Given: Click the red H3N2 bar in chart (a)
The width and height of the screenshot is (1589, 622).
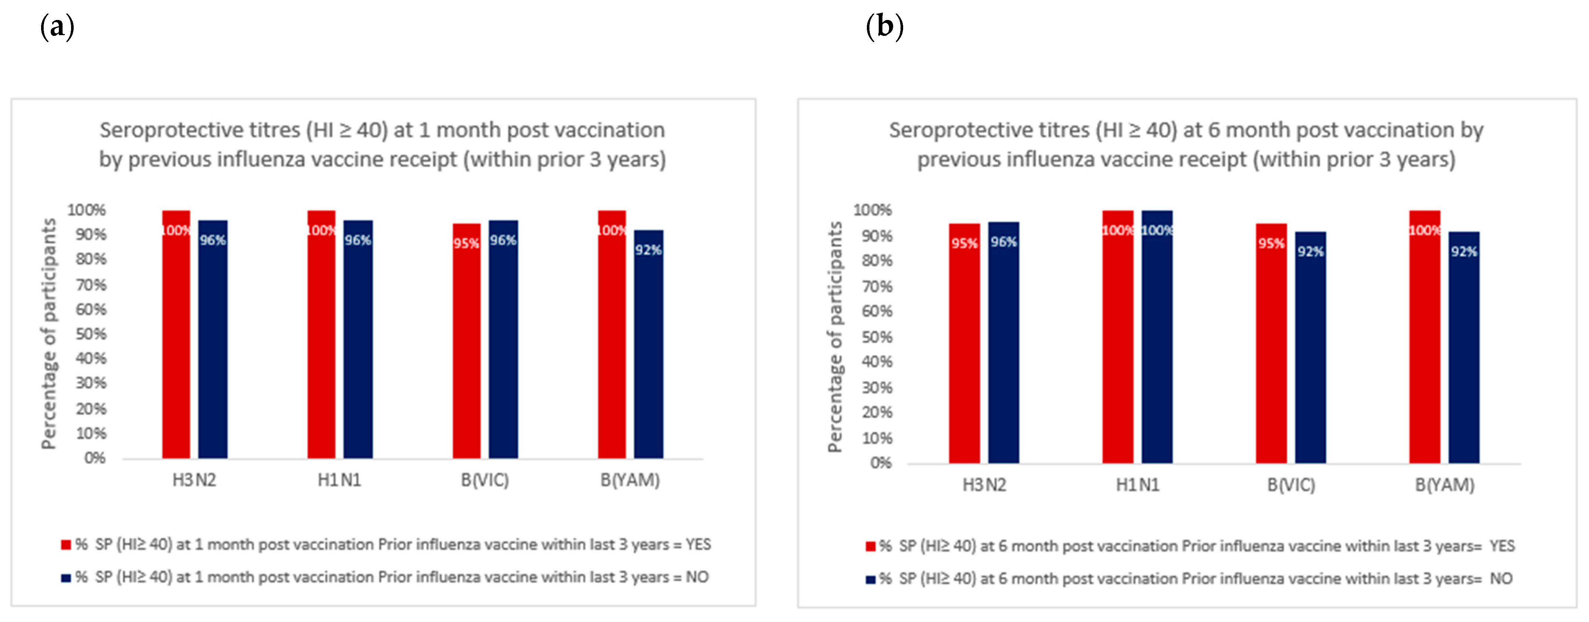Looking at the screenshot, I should click(x=176, y=345).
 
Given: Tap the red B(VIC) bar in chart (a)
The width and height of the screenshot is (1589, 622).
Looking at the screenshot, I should click(x=466, y=351).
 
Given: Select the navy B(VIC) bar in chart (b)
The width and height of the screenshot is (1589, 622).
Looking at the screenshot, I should click(x=1310, y=358).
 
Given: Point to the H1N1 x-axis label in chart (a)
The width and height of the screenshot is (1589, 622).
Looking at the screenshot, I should click(x=339, y=480).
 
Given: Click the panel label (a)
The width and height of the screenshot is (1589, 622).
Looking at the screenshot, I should click(x=57, y=27).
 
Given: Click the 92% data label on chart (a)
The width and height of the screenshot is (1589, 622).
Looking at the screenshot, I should click(x=648, y=250).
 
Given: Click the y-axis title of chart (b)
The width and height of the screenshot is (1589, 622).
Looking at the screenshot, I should click(x=835, y=337).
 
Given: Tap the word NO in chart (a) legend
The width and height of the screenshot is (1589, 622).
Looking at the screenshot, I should click(x=697, y=577).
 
